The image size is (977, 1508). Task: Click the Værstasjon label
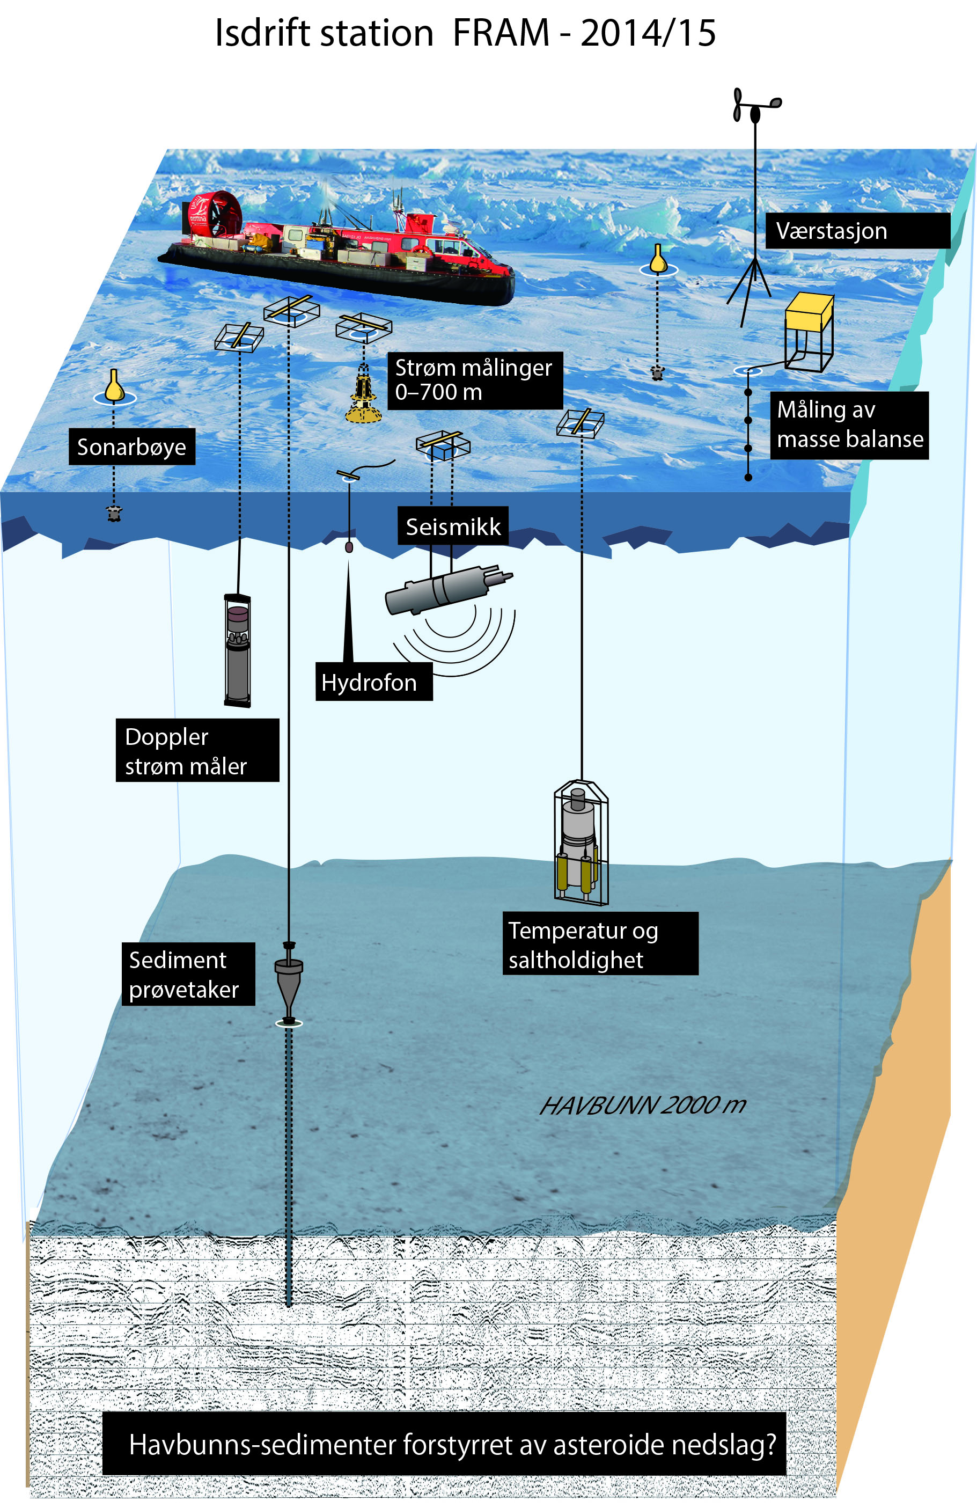click(857, 231)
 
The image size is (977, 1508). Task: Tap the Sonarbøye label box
click(132, 446)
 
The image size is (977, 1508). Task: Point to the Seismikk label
click(452, 526)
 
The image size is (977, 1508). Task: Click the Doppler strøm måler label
click(197, 751)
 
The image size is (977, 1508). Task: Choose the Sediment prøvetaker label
click(188, 975)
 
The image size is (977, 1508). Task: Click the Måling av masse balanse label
click(849, 424)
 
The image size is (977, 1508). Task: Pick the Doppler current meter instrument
click(238, 649)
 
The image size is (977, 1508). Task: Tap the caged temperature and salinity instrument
click(581, 842)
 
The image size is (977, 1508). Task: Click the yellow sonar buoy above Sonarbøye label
click(114, 386)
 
